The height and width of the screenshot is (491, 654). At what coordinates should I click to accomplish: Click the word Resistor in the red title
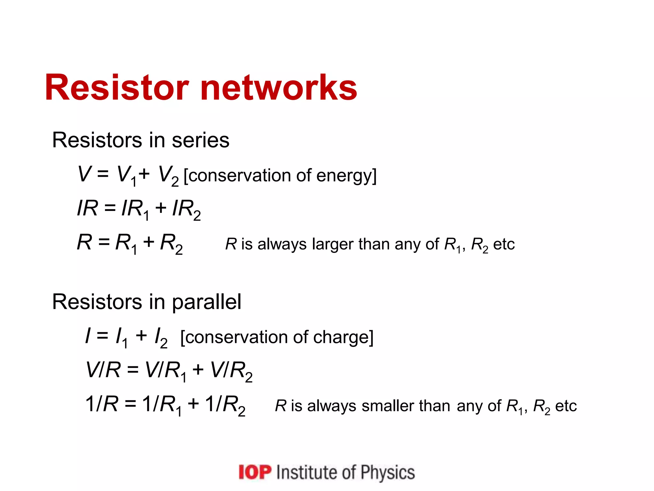117,88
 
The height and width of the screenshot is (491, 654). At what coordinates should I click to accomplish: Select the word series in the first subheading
201,140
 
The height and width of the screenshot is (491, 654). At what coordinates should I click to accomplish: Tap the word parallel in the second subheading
207,302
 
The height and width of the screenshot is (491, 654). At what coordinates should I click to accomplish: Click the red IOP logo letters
255,472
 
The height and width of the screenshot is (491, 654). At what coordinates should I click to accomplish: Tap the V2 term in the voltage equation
168,176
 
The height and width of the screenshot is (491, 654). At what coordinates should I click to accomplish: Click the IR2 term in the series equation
186,210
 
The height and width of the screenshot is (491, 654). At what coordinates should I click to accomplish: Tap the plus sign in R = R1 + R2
149,242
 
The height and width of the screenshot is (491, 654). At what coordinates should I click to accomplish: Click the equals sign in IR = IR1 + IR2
110,209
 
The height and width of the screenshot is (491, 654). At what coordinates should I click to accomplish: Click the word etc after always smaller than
566,406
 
